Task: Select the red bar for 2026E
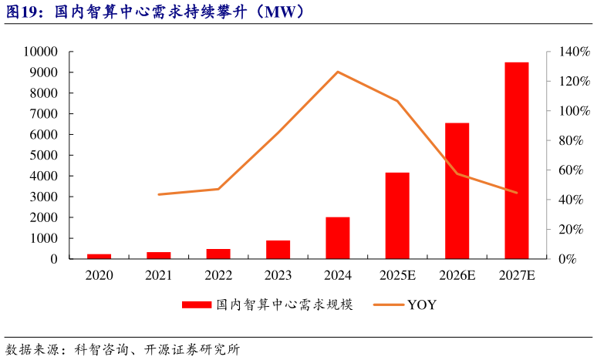457,190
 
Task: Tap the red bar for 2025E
397,215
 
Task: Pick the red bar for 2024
338,237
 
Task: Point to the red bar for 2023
278,249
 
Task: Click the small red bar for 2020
99,256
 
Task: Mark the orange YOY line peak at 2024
338,72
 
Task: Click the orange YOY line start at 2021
159,194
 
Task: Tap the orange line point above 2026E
457,173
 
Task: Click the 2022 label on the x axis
218,275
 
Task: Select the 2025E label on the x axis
397,275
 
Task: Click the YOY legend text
422,305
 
